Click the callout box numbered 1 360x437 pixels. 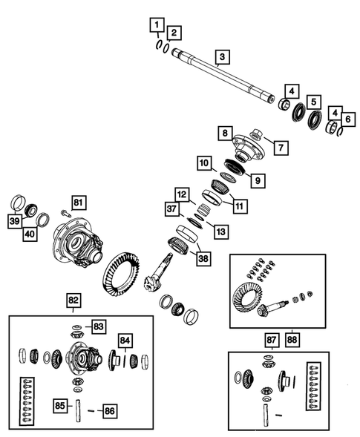point(157,25)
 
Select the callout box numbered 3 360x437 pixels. point(222,57)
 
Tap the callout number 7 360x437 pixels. point(281,148)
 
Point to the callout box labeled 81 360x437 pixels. point(79,203)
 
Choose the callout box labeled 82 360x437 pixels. point(73,300)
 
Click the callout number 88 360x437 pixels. point(292,340)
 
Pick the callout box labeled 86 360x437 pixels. point(110,411)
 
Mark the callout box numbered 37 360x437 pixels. point(171,208)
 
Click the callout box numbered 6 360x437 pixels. point(348,119)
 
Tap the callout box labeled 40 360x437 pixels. point(30,234)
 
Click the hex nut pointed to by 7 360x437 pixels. point(256,134)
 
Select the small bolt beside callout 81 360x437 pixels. point(64,213)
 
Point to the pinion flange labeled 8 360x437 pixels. point(247,148)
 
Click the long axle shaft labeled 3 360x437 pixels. point(223,76)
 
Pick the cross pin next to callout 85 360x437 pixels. point(78,410)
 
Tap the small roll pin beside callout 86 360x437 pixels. point(91,410)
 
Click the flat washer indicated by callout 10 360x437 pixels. point(228,177)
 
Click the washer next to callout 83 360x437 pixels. point(76,326)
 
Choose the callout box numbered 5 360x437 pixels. point(314,102)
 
